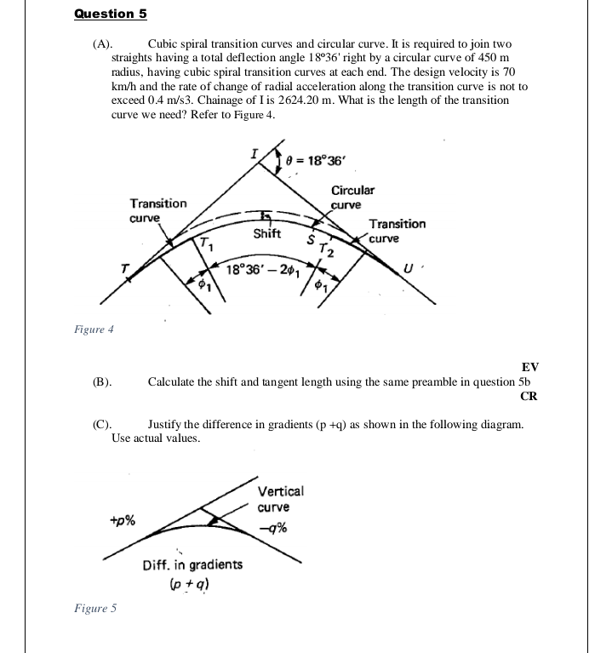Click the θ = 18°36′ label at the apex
click(x=319, y=159)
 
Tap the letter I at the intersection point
click(x=253, y=153)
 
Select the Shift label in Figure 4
click(x=268, y=233)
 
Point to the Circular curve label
click(x=352, y=198)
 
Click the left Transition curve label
click(x=158, y=210)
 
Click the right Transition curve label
click(x=397, y=231)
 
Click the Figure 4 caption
click(x=93, y=329)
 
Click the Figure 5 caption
click(x=94, y=608)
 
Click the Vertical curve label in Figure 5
click(x=279, y=499)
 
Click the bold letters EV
click(x=529, y=367)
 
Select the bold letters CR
click(x=529, y=396)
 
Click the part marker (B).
click(x=102, y=381)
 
